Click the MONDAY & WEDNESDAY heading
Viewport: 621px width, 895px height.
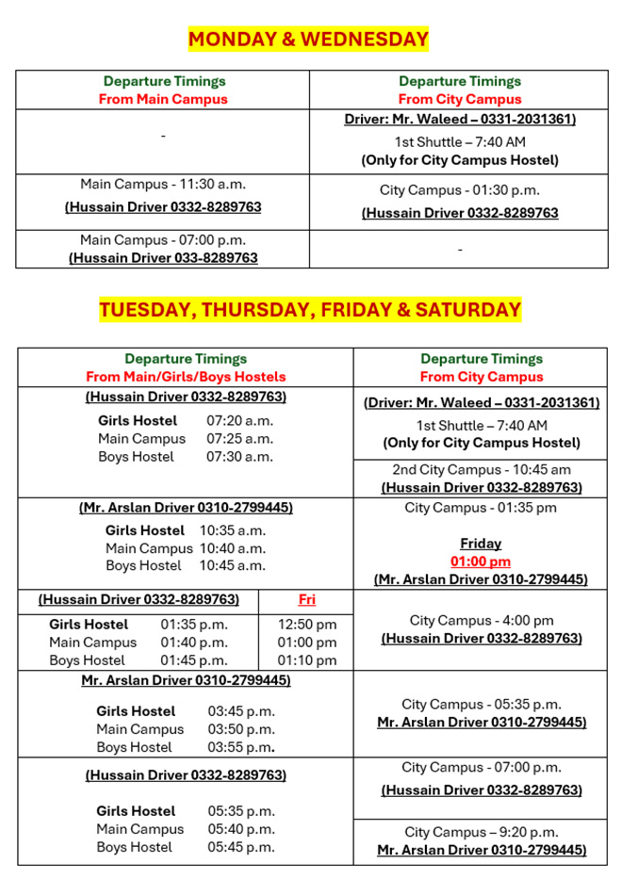pyautogui.click(x=308, y=40)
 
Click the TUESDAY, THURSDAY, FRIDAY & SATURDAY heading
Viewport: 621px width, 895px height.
pyautogui.click(x=310, y=310)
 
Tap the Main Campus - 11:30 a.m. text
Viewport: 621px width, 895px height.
pyautogui.click(x=162, y=185)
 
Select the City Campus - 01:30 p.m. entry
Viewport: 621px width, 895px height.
pyautogui.click(x=459, y=190)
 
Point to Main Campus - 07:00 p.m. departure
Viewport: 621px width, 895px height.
pyautogui.click(x=162, y=240)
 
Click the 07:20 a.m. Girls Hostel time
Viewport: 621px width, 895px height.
pyautogui.click(x=239, y=421)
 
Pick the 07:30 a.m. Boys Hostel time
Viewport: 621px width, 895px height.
pyautogui.click(x=239, y=457)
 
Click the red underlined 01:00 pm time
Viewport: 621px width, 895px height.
pyautogui.click(x=481, y=561)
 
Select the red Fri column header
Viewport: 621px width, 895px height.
pyautogui.click(x=306, y=600)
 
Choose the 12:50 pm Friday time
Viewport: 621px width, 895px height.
pyautogui.click(x=306, y=625)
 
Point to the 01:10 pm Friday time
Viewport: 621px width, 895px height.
pyautogui.click(x=306, y=660)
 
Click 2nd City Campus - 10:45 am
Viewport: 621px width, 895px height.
pyautogui.click(x=481, y=470)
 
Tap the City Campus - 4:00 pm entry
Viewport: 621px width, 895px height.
pyautogui.click(x=481, y=621)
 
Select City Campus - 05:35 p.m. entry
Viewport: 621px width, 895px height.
pyautogui.click(x=481, y=705)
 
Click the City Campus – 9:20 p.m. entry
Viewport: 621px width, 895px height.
pyautogui.click(x=481, y=832)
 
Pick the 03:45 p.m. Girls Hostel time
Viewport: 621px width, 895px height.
pyautogui.click(x=241, y=711)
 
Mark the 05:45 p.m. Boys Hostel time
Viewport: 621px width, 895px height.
pyautogui.click(x=241, y=847)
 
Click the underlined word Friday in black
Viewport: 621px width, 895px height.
pyautogui.click(x=481, y=544)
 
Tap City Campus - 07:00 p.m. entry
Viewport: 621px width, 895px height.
pyautogui.click(x=481, y=768)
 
